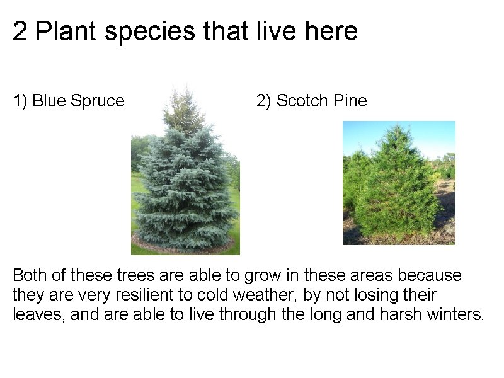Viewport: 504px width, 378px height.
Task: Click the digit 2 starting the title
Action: pos(20,31)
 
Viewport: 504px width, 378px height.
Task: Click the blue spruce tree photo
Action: pos(185,183)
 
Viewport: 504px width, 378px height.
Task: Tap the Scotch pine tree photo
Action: pos(399,183)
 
